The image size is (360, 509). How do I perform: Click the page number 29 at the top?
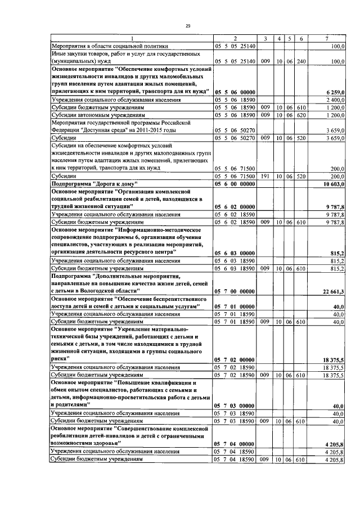(188, 26)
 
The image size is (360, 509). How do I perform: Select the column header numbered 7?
(327, 38)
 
